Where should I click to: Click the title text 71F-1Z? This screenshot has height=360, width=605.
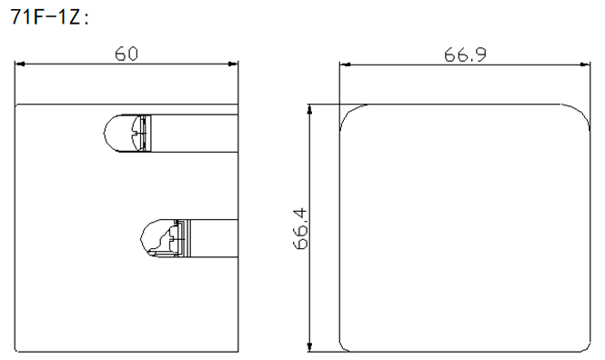click(x=45, y=16)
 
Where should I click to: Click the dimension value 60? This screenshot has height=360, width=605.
click(x=126, y=54)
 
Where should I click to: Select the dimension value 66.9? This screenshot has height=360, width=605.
click(x=465, y=55)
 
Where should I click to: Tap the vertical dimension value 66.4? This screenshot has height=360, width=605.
click(x=301, y=228)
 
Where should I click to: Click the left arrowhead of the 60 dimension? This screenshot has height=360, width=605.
click(x=20, y=64)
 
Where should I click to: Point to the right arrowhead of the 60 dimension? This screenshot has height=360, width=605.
click(x=233, y=64)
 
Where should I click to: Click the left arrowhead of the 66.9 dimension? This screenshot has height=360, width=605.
click(x=346, y=65)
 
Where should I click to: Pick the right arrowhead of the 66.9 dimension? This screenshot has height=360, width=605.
click(x=585, y=65)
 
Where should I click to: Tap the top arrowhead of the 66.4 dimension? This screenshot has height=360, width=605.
click(x=309, y=109)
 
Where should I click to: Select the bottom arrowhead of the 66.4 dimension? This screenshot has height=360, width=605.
click(x=309, y=346)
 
